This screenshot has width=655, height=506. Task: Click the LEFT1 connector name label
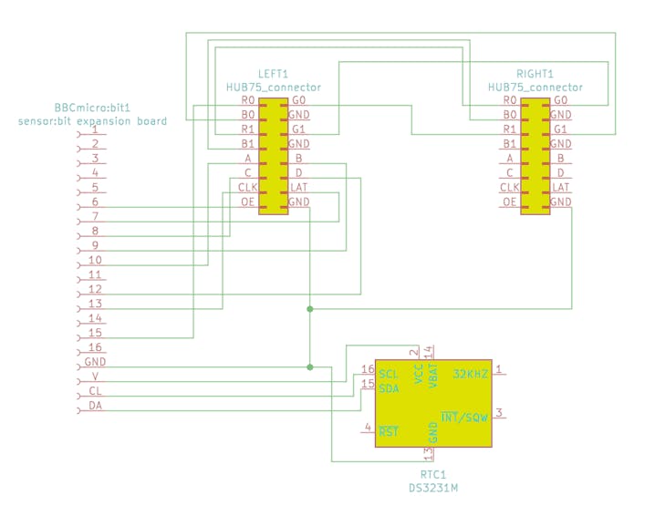coord(273,74)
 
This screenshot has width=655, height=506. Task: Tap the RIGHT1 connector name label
coord(535,74)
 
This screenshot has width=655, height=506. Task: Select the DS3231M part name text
coord(433,488)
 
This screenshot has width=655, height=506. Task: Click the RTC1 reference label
coord(433,474)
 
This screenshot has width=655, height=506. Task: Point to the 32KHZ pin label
coord(471,374)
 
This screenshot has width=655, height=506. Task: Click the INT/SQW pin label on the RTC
coord(464,417)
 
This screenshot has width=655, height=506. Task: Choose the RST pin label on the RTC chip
coord(389,431)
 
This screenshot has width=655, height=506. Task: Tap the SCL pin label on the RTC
coord(389,374)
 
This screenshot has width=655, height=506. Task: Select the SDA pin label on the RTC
coord(389,388)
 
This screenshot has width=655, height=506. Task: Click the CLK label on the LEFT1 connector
coord(248,188)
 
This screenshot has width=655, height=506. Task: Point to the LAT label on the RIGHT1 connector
coord(561,188)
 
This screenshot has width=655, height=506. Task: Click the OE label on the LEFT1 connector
coord(248,202)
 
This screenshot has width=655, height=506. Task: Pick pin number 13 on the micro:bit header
coord(95,304)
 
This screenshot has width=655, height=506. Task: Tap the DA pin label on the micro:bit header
coord(95,406)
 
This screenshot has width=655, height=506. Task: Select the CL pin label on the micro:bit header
coord(95,391)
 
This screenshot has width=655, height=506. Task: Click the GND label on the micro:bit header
coord(95,362)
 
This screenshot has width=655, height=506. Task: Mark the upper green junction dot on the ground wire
coord(309,309)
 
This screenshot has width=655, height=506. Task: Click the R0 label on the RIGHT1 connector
coord(510,100)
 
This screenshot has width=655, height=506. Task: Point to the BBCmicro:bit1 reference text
coord(92,108)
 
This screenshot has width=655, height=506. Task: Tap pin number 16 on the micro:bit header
coord(95,347)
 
